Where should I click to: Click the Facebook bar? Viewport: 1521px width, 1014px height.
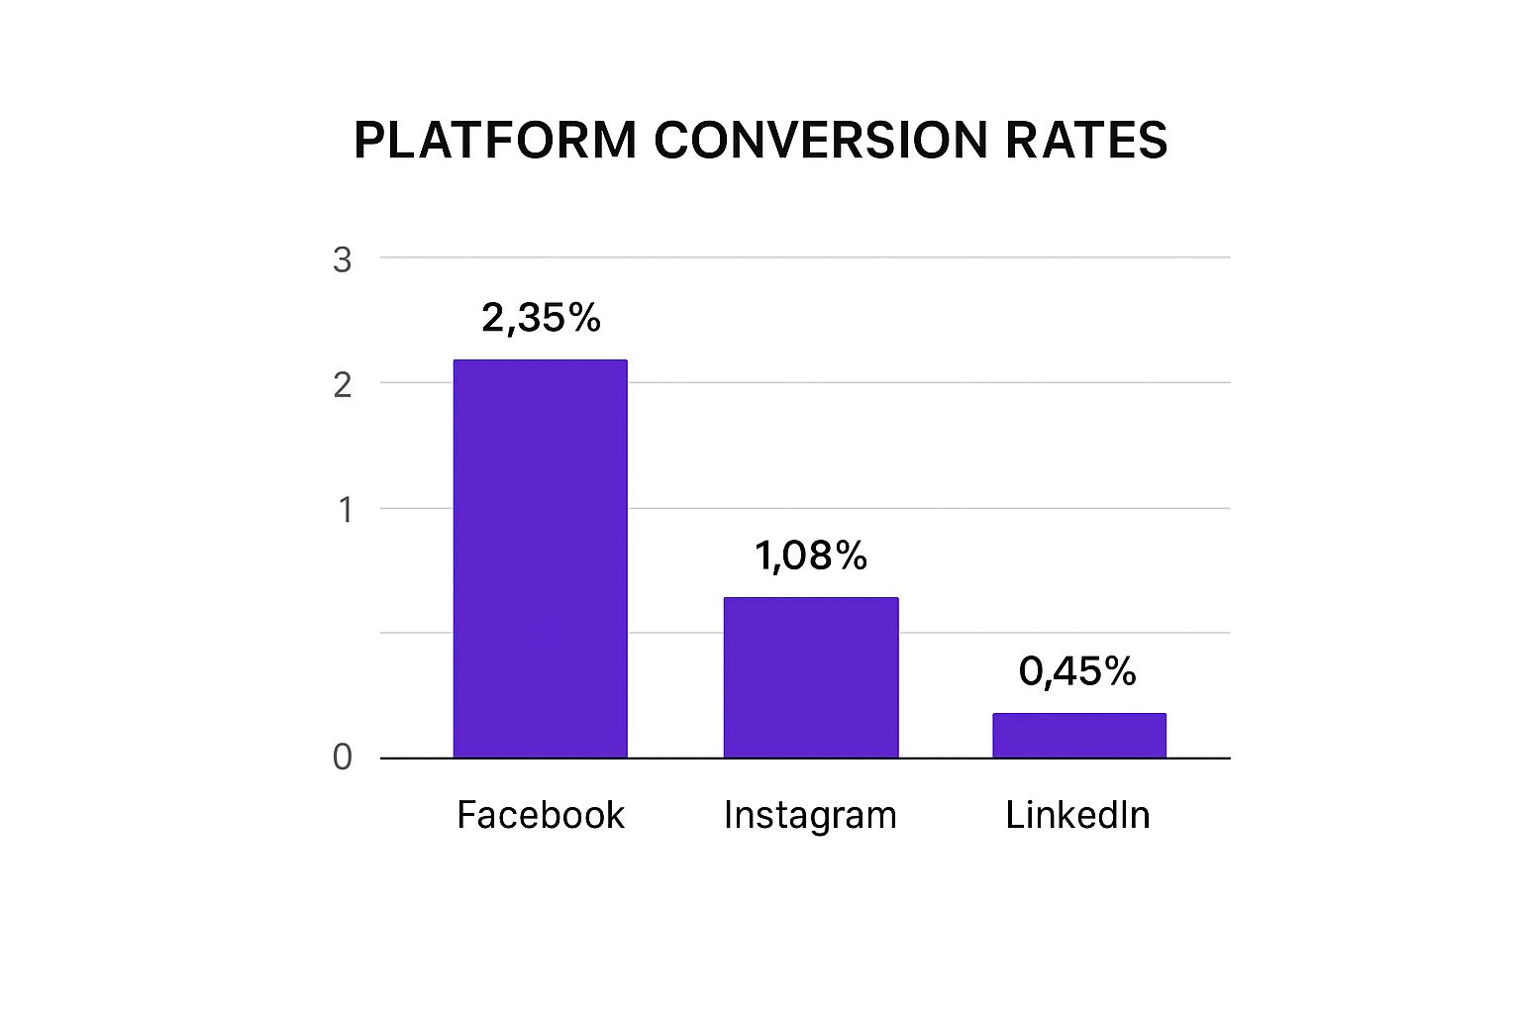click(x=540, y=558)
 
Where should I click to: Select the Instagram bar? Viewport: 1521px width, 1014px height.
click(x=810, y=677)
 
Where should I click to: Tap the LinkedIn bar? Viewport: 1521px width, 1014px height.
click(x=1079, y=736)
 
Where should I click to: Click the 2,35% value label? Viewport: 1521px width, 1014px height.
click(x=541, y=318)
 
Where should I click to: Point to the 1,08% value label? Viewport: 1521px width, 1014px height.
click(x=811, y=556)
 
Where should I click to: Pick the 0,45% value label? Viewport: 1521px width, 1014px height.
click(x=1077, y=671)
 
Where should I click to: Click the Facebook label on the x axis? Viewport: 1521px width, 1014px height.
click(x=541, y=815)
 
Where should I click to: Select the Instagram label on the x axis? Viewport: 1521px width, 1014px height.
click(x=810, y=816)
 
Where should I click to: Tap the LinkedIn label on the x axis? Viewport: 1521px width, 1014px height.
click(x=1077, y=815)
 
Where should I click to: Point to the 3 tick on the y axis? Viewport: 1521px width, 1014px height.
click(x=343, y=260)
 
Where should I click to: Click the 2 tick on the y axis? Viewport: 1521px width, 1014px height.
click(x=343, y=385)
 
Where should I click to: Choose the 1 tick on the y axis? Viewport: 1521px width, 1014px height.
click(x=345, y=511)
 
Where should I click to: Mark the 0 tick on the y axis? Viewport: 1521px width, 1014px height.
click(x=343, y=758)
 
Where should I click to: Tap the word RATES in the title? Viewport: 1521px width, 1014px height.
click(x=1086, y=140)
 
